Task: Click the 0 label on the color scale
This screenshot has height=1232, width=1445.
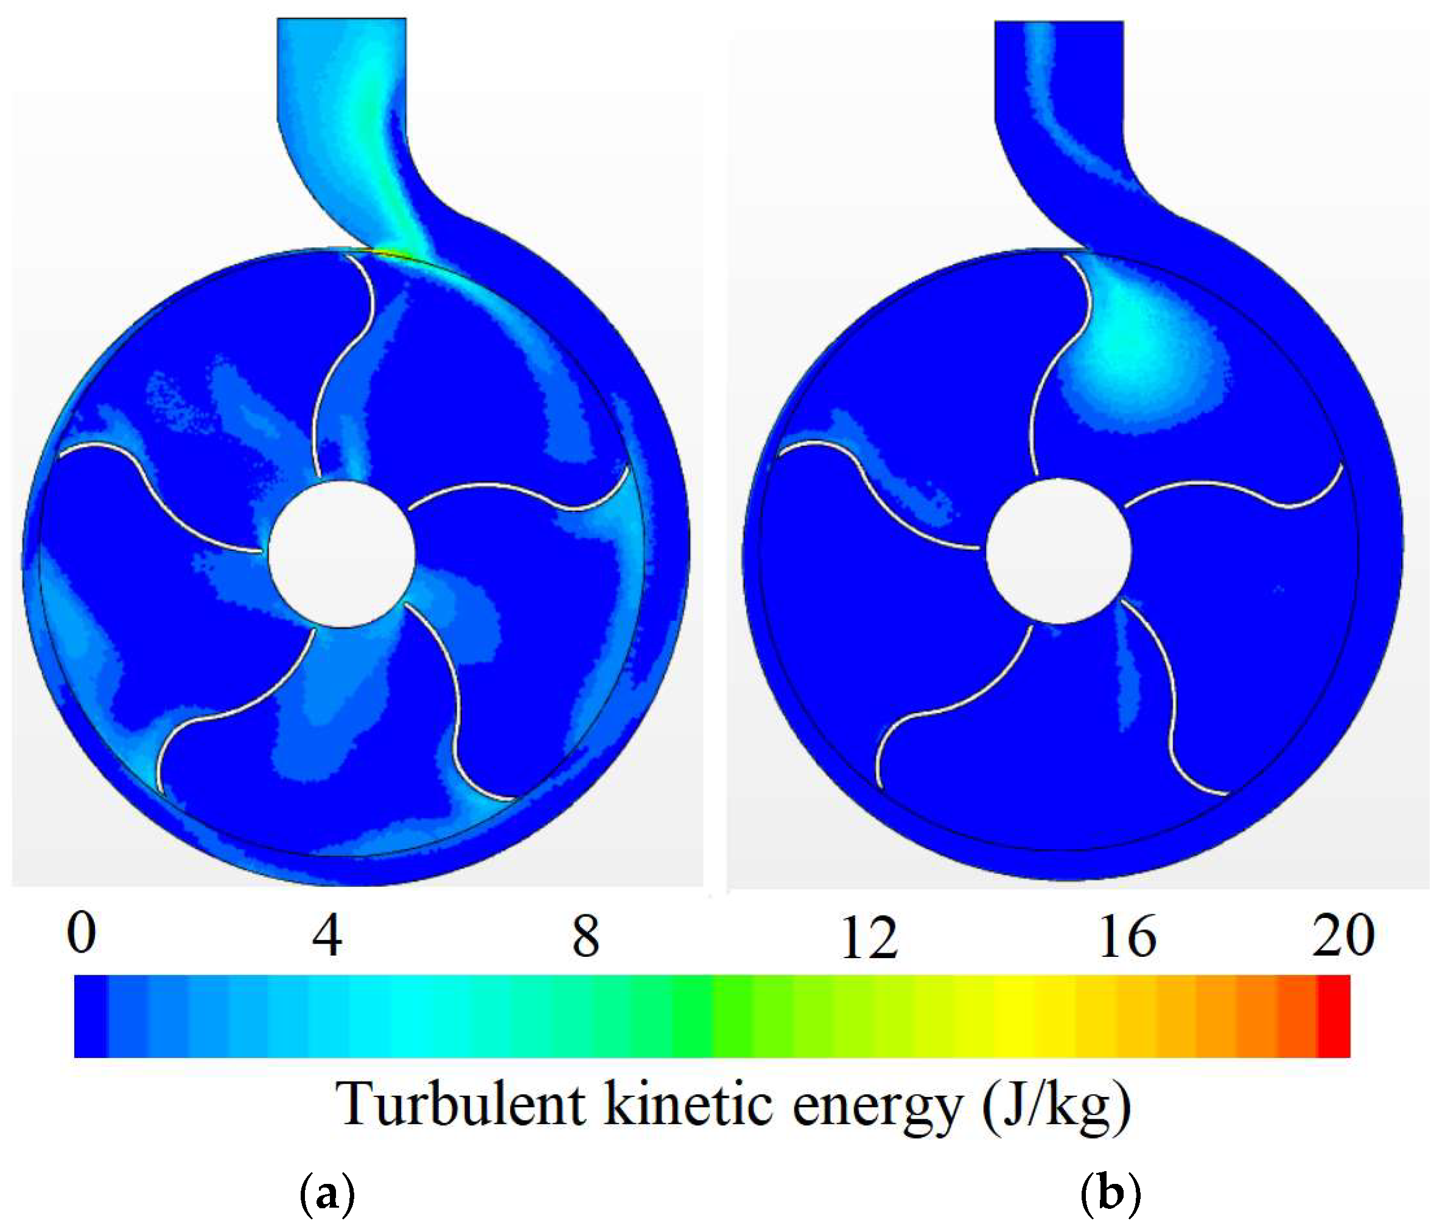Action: point(82,934)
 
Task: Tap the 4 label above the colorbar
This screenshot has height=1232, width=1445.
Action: point(327,936)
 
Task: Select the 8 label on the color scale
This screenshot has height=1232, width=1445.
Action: point(586,936)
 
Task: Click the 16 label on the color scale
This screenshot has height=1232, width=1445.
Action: point(1128,936)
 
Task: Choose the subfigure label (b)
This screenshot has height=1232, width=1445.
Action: point(1110,1194)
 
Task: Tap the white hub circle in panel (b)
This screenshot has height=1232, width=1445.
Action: point(1058,551)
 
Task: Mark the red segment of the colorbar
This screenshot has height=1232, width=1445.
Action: point(1334,1017)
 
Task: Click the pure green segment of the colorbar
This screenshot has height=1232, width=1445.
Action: point(693,1017)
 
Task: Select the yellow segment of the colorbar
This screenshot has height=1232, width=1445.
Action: point(1015,1017)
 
